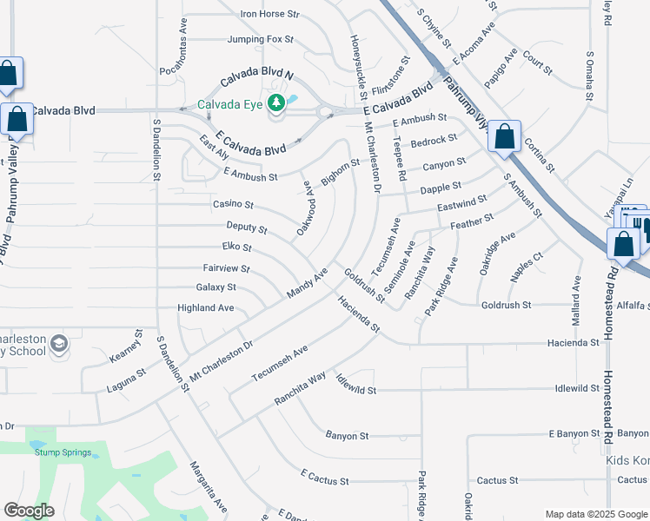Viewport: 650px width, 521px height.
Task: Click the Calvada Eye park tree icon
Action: click(x=276, y=104)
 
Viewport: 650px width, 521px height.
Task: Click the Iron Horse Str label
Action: click(x=269, y=15)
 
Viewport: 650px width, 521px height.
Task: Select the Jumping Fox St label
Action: click(x=261, y=40)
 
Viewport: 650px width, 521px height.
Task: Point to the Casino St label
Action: click(x=233, y=205)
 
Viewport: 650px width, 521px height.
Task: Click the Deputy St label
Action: click(x=246, y=227)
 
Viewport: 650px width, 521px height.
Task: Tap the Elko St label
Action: click(x=236, y=247)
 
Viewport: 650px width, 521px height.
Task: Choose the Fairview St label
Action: click(x=226, y=269)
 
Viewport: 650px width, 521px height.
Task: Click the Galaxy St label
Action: click(x=216, y=287)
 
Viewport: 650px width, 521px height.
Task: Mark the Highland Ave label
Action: click(x=206, y=308)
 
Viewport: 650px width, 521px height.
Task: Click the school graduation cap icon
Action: click(x=58, y=345)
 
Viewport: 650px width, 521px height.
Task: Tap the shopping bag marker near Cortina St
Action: click(x=504, y=137)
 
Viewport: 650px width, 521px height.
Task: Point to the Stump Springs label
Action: click(x=62, y=452)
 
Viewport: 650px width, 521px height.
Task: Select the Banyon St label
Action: click(x=348, y=435)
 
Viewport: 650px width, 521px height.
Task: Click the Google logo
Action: click(x=29, y=511)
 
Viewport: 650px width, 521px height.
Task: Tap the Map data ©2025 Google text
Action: click(x=596, y=514)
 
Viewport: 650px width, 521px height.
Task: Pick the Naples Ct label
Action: click(x=527, y=267)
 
